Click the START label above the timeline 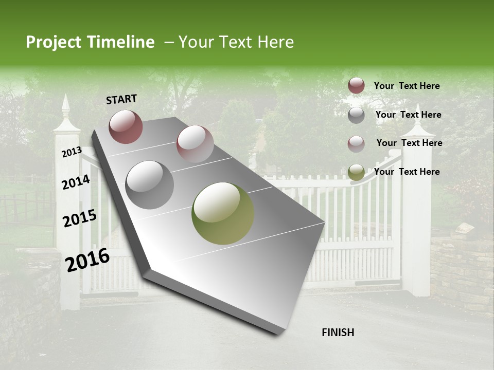click(x=121, y=99)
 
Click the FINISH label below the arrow click(x=338, y=332)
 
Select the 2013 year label click(x=72, y=152)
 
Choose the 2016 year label click(x=87, y=260)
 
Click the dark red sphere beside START click(x=126, y=126)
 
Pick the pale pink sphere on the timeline click(x=195, y=144)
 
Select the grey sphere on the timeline click(x=150, y=185)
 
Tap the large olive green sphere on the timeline click(x=223, y=213)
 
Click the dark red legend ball click(x=356, y=86)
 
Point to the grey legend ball click(x=356, y=115)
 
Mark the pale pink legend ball click(x=356, y=144)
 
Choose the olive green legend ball click(x=356, y=173)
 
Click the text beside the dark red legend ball click(x=407, y=86)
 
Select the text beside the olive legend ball click(x=407, y=172)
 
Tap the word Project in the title click(x=54, y=42)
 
